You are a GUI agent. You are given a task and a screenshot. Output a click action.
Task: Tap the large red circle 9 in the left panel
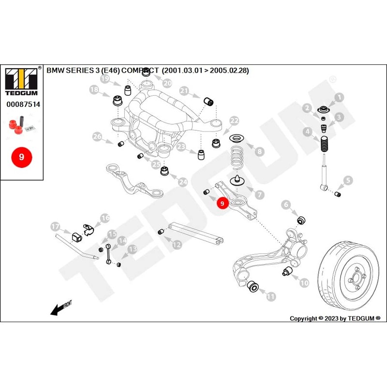click(x=21, y=157)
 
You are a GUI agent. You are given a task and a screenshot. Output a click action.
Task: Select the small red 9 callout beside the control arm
click(x=222, y=204)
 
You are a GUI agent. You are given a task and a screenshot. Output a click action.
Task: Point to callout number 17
click(x=55, y=226)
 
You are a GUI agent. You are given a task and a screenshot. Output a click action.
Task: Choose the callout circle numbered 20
click(x=167, y=83)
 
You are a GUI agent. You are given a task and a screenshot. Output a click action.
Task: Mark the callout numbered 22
click(x=234, y=120)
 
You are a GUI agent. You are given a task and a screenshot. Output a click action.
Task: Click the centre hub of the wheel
click(x=356, y=280)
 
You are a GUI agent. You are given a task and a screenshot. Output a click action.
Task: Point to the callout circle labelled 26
click(x=97, y=137)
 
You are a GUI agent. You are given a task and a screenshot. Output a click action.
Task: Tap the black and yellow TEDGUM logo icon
click(x=22, y=77)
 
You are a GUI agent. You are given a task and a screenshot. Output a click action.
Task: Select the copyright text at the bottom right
click(x=335, y=318)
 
